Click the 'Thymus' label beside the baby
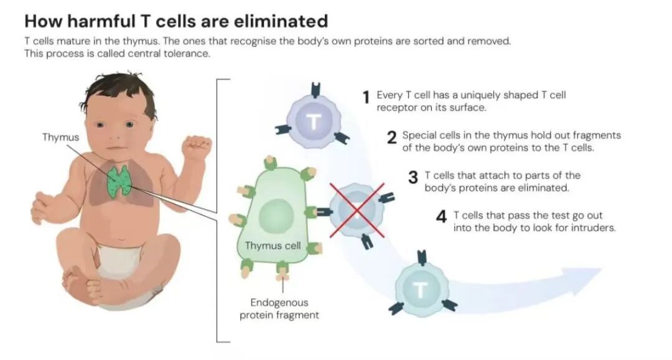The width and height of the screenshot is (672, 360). pyautogui.click(x=60, y=137)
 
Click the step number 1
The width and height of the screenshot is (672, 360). pyautogui.click(x=367, y=98)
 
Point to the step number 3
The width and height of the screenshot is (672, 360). pyautogui.click(x=413, y=178)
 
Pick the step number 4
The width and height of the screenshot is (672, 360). pyautogui.click(x=441, y=218)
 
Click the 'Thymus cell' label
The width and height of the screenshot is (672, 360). pyautogui.click(x=273, y=246)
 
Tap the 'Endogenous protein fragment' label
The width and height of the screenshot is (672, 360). pyautogui.click(x=279, y=309)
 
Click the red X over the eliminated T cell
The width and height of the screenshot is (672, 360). pyautogui.click(x=357, y=210)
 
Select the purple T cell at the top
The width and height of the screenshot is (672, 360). pyautogui.click(x=314, y=121)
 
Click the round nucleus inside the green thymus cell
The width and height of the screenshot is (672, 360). pyautogui.click(x=271, y=216)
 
